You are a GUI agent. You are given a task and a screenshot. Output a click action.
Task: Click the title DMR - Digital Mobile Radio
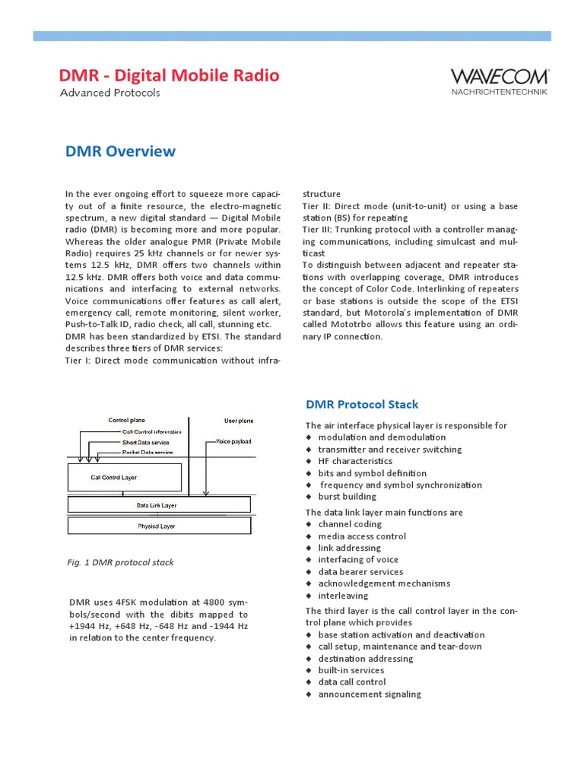click(x=169, y=75)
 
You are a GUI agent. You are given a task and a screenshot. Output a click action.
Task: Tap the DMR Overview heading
click(x=120, y=151)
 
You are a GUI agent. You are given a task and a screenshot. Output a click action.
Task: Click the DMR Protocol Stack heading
click(x=361, y=405)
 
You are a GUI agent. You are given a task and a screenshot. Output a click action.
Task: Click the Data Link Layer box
click(x=157, y=504)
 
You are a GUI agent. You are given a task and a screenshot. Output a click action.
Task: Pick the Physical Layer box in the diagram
click(x=157, y=526)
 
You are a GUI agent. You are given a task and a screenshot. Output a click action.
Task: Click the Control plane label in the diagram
click(x=126, y=420)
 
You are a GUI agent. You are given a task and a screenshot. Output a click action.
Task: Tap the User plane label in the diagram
click(x=239, y=420)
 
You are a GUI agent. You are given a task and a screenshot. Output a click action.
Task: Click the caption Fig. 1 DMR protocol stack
click(x=120, y=562)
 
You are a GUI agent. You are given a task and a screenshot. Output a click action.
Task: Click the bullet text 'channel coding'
click(x=350, y=524)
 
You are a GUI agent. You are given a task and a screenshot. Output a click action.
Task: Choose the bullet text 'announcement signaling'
click(x=370, y=694)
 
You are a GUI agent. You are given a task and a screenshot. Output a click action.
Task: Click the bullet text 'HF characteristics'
click(x=355, y=461)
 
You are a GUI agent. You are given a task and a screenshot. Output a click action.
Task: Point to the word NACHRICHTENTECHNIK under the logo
click(x=498, y=92)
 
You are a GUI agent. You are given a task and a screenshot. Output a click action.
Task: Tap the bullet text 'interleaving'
click(x=343, y=596)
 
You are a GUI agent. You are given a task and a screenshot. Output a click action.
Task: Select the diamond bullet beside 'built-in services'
click(x=309, y=670)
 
